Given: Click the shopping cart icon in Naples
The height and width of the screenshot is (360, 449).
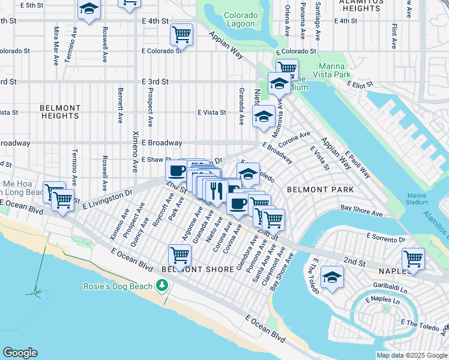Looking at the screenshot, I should (413, 259).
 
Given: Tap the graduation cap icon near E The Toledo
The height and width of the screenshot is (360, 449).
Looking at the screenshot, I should (332, 278).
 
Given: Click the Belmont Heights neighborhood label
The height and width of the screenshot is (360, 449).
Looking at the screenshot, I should (60, 112).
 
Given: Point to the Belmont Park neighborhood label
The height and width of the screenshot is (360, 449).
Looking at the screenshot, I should (320, 189).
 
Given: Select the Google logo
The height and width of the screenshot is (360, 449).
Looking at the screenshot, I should (20, 353).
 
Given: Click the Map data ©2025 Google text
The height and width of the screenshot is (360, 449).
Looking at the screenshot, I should (411, 355).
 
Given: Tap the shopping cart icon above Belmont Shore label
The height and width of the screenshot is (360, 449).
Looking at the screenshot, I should (180, 255).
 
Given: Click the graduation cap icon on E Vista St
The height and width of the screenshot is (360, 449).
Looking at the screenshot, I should (263, 117).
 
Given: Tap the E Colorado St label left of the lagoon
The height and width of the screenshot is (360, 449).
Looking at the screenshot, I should (161, 51).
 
